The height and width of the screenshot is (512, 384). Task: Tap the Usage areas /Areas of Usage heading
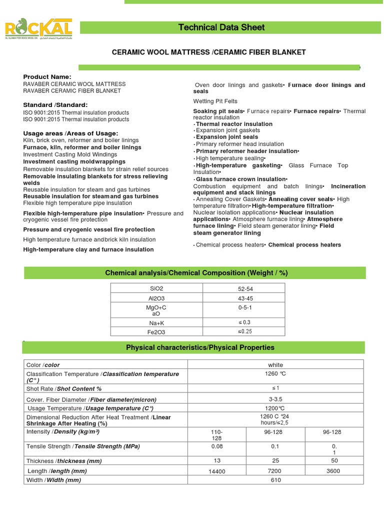pos(70,133)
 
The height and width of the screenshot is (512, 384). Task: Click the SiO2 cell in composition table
pos(156,288)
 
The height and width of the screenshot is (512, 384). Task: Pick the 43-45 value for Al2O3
pos(243,297)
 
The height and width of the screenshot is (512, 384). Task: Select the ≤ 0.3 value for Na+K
pos(243,322)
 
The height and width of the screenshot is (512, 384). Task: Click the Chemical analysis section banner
pos(196,272)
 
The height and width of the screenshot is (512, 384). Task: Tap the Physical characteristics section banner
pos(200,347)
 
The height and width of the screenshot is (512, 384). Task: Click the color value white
pos(275,365)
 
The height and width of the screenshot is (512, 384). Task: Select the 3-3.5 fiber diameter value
pos(275,399)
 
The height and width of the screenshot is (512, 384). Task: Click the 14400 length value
pos(217,471)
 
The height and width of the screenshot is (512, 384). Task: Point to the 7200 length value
pos(275,471)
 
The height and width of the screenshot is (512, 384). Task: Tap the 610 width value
pos(275,480)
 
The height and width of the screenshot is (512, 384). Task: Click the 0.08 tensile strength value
pos(217,446)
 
